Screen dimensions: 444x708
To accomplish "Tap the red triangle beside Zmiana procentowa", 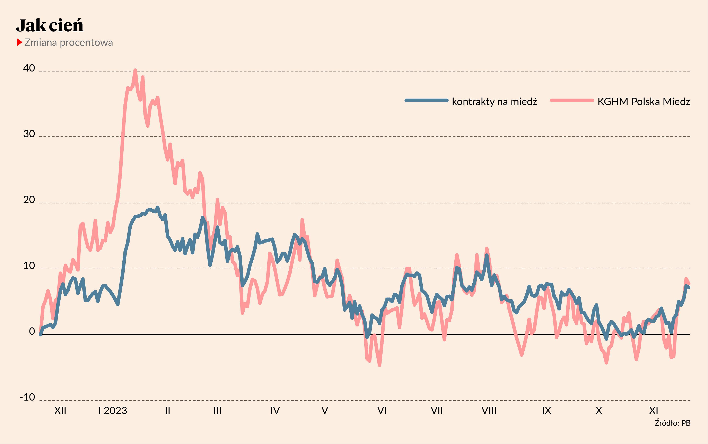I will tap(19, 42).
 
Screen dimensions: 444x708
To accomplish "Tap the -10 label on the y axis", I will tap(27, 397).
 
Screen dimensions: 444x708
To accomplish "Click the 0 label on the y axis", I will tap(32, 331).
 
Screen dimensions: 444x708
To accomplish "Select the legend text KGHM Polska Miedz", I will tap(644, 102).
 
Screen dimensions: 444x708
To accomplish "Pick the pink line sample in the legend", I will tap(572, 100).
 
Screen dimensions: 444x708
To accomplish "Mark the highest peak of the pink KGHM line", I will tap(135, 70).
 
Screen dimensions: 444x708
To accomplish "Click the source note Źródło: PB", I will tap(673, 423).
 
